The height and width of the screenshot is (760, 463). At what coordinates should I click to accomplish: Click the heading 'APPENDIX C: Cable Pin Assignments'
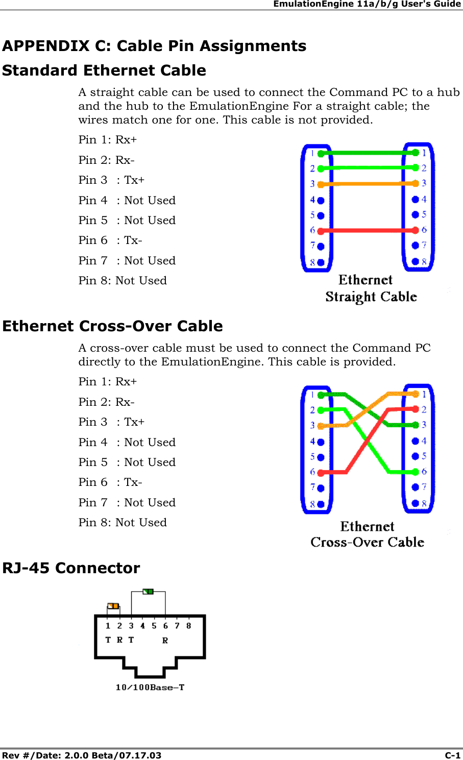tap(154, 46)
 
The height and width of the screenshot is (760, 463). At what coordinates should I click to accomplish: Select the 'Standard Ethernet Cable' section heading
tap(104, 70)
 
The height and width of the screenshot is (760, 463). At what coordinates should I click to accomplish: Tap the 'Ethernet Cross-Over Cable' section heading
tap(112, 326)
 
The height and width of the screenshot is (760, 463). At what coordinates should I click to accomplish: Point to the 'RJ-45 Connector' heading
tap(71, 568)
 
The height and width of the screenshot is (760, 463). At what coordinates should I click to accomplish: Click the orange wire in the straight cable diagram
tap(368, 184)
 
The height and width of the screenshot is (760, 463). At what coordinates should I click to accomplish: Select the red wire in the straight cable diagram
tap(368, 230)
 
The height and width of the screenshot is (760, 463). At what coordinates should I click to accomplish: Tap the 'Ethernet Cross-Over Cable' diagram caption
tap(367, 534)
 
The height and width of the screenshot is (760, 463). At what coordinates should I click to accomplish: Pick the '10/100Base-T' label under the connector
tap(150, 687)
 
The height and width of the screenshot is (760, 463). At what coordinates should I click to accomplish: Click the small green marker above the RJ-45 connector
tap(148, 592)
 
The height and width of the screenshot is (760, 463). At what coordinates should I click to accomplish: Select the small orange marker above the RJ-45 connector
tap(113, 606)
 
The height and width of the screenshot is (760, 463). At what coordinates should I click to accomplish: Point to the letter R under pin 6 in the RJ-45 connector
tap(165, 641)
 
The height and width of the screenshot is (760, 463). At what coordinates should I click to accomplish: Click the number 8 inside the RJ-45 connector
tap(188, 626)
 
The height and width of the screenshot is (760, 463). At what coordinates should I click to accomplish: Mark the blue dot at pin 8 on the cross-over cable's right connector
tap(416, 503)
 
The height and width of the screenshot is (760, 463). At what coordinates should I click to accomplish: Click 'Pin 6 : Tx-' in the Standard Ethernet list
tap(110, 240)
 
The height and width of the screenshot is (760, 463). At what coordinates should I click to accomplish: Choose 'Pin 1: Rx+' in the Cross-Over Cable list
tap(108, 382)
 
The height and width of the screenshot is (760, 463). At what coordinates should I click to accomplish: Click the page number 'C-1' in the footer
tap(452, 755)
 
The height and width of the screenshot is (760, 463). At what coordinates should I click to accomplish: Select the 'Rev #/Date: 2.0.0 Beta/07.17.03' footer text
tap(82, 755)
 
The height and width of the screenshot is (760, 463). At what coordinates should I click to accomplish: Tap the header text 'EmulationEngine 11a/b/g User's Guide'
tap(367, 4)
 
